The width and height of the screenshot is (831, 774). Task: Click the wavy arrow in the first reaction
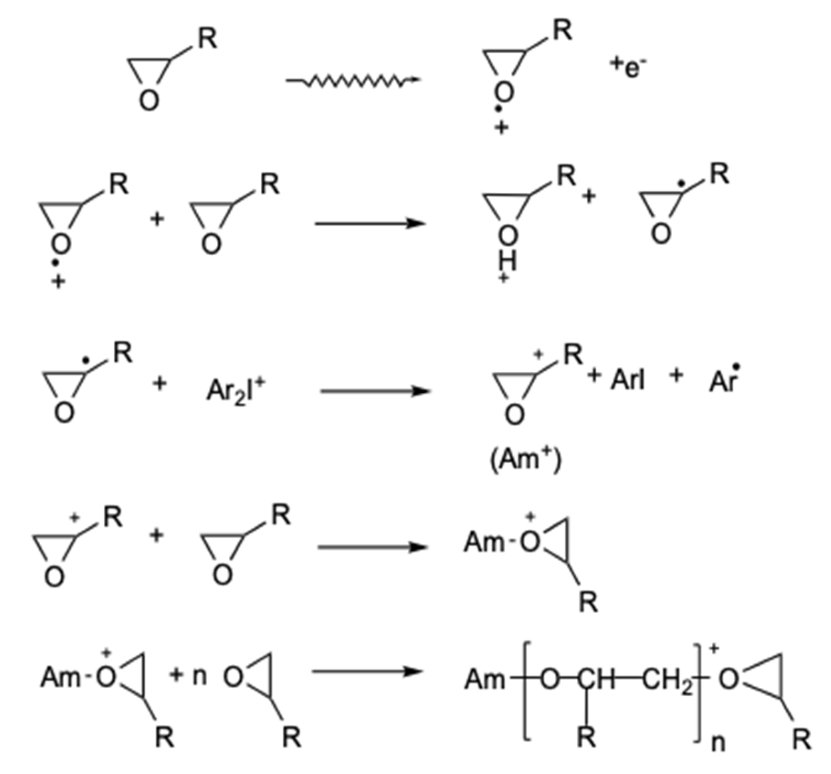pyautogui.click(x=354, y=81)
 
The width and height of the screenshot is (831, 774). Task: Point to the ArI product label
pyautogui.click(x=628, y=379)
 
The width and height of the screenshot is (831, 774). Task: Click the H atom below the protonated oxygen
pyautogui.click(x=507, y=262)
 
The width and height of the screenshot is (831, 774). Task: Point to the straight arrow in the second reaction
pyautogui.click(x=370, y=224)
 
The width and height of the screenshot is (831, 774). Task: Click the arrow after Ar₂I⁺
pyautogui.click(x=375, y=391)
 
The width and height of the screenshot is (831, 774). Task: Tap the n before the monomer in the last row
pyautogui.click(x=200, y=676)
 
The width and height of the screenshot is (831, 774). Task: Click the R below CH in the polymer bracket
pyautogui.click(x=587, y=737)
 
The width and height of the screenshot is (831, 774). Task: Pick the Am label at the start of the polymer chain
pyautogui.click(x=484, y=680)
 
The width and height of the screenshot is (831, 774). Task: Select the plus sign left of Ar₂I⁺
pyautogui.click(x=159, y=384)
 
